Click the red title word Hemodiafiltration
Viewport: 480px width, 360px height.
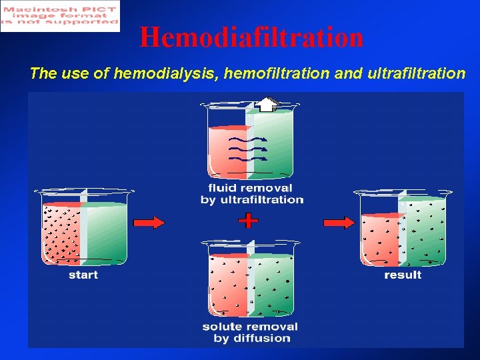[251, 37]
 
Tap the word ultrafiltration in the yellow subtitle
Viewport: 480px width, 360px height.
[416, 73]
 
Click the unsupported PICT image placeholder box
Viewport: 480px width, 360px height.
[60, 16]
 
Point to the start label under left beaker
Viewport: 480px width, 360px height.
[83, 275]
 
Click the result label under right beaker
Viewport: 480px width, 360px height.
[403, 275]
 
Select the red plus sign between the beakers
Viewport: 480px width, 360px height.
[248, 221]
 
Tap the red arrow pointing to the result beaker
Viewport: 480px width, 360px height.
[339, 223]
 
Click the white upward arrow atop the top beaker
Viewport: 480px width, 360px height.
[267, 104]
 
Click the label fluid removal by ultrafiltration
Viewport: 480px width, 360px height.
[251, 194]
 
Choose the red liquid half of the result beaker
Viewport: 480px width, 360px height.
[380, 240]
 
